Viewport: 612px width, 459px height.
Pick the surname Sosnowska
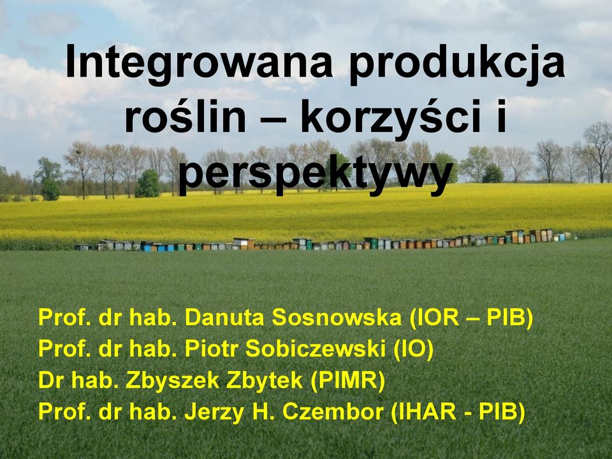[337, 317]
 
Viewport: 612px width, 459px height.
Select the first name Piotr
[211, 349]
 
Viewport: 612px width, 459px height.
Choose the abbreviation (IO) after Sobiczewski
[413, 349]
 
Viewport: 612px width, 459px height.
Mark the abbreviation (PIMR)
[348, 381]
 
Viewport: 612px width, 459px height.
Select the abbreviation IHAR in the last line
[427, 411]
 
